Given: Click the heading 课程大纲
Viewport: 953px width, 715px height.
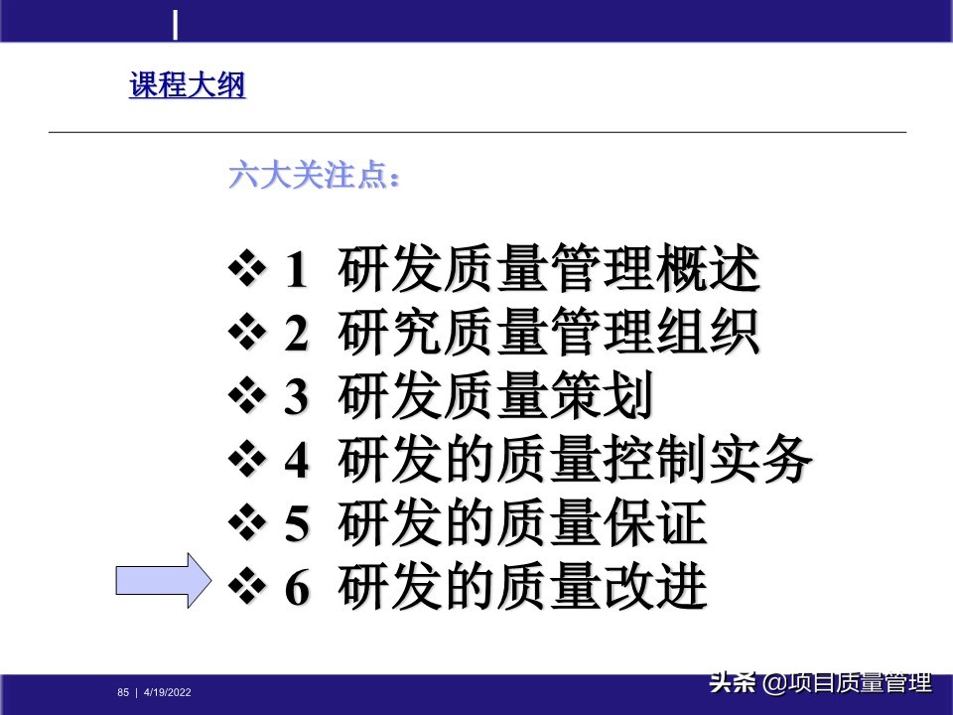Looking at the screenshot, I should point(187,86).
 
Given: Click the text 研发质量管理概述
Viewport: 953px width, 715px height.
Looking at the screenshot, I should point(549,270).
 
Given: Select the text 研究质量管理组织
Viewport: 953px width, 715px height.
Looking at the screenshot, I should point(549,334).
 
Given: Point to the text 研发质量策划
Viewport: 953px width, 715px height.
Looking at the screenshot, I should point(495,397).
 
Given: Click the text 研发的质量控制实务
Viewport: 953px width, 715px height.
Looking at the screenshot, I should point(576,461).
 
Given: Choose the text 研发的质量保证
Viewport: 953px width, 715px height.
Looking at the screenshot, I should point(522,524).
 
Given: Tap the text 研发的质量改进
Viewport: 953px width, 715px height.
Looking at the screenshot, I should point(522,588).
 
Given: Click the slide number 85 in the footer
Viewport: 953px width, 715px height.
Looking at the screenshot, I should point(123,692).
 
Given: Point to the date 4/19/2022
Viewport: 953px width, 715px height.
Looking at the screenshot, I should point(168,692).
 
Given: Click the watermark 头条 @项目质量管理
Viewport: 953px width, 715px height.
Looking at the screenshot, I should point(820,683).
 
